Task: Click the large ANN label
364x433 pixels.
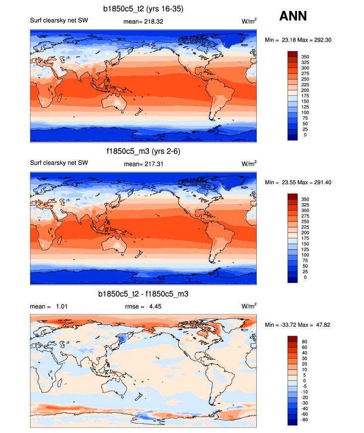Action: [x=293, y=16]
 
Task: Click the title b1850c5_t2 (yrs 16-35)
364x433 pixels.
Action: [x=144, y=8]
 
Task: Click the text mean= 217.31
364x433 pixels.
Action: [x=144, y=163]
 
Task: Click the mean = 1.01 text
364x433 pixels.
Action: [x=49, y=306]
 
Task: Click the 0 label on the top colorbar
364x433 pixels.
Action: [x=304, y=135]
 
